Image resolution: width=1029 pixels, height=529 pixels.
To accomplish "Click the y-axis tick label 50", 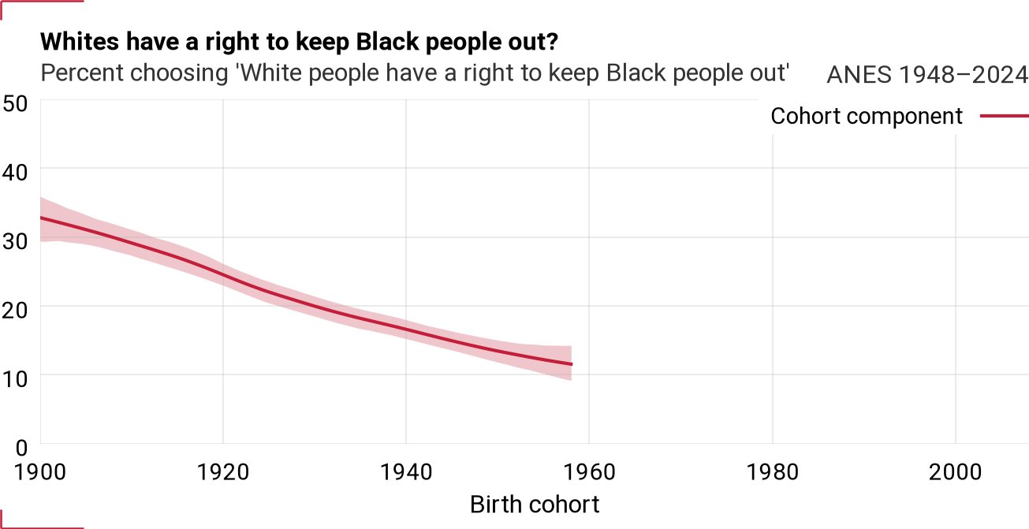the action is [x=15, y=104].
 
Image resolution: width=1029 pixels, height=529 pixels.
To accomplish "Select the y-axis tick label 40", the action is [x=15, y=173].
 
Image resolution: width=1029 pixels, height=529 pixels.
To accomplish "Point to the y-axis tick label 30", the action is [x=15, y=241].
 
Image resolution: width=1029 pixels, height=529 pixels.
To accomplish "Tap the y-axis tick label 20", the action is [x=15, y=311].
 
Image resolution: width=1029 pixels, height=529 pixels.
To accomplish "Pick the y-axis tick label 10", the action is [x=15, y=379].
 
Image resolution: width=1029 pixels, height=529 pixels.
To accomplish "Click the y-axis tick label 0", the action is [x=21, y=448].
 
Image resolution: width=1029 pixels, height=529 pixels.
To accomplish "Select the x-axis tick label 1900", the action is [x=40, y=472].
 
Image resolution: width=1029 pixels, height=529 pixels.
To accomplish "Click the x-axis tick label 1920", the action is [x=223, y=472].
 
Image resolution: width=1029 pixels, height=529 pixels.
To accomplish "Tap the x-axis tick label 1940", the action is [x=407, y=472].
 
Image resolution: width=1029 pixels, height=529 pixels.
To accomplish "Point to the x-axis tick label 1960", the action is [x=589, y=472].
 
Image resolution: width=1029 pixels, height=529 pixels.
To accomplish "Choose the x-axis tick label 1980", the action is [x=773, y=472].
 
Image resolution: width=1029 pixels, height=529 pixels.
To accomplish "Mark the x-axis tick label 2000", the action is [x=956, y=472].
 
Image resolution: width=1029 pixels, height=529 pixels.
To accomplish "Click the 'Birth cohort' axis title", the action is [x=535, y=505].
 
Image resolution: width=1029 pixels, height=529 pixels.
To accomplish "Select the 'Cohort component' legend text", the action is [x=867, y=116].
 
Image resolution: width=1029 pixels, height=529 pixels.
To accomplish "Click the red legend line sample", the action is [x=1005, y=116].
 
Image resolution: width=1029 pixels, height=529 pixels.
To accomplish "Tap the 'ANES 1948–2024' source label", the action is [x=927, y=74].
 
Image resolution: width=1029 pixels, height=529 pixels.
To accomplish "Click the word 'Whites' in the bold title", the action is [x=80, y=42].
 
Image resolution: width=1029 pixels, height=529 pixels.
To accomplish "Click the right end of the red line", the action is [x=572, y=364].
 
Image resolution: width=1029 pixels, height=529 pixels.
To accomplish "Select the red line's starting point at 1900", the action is [x=41, y=218].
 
